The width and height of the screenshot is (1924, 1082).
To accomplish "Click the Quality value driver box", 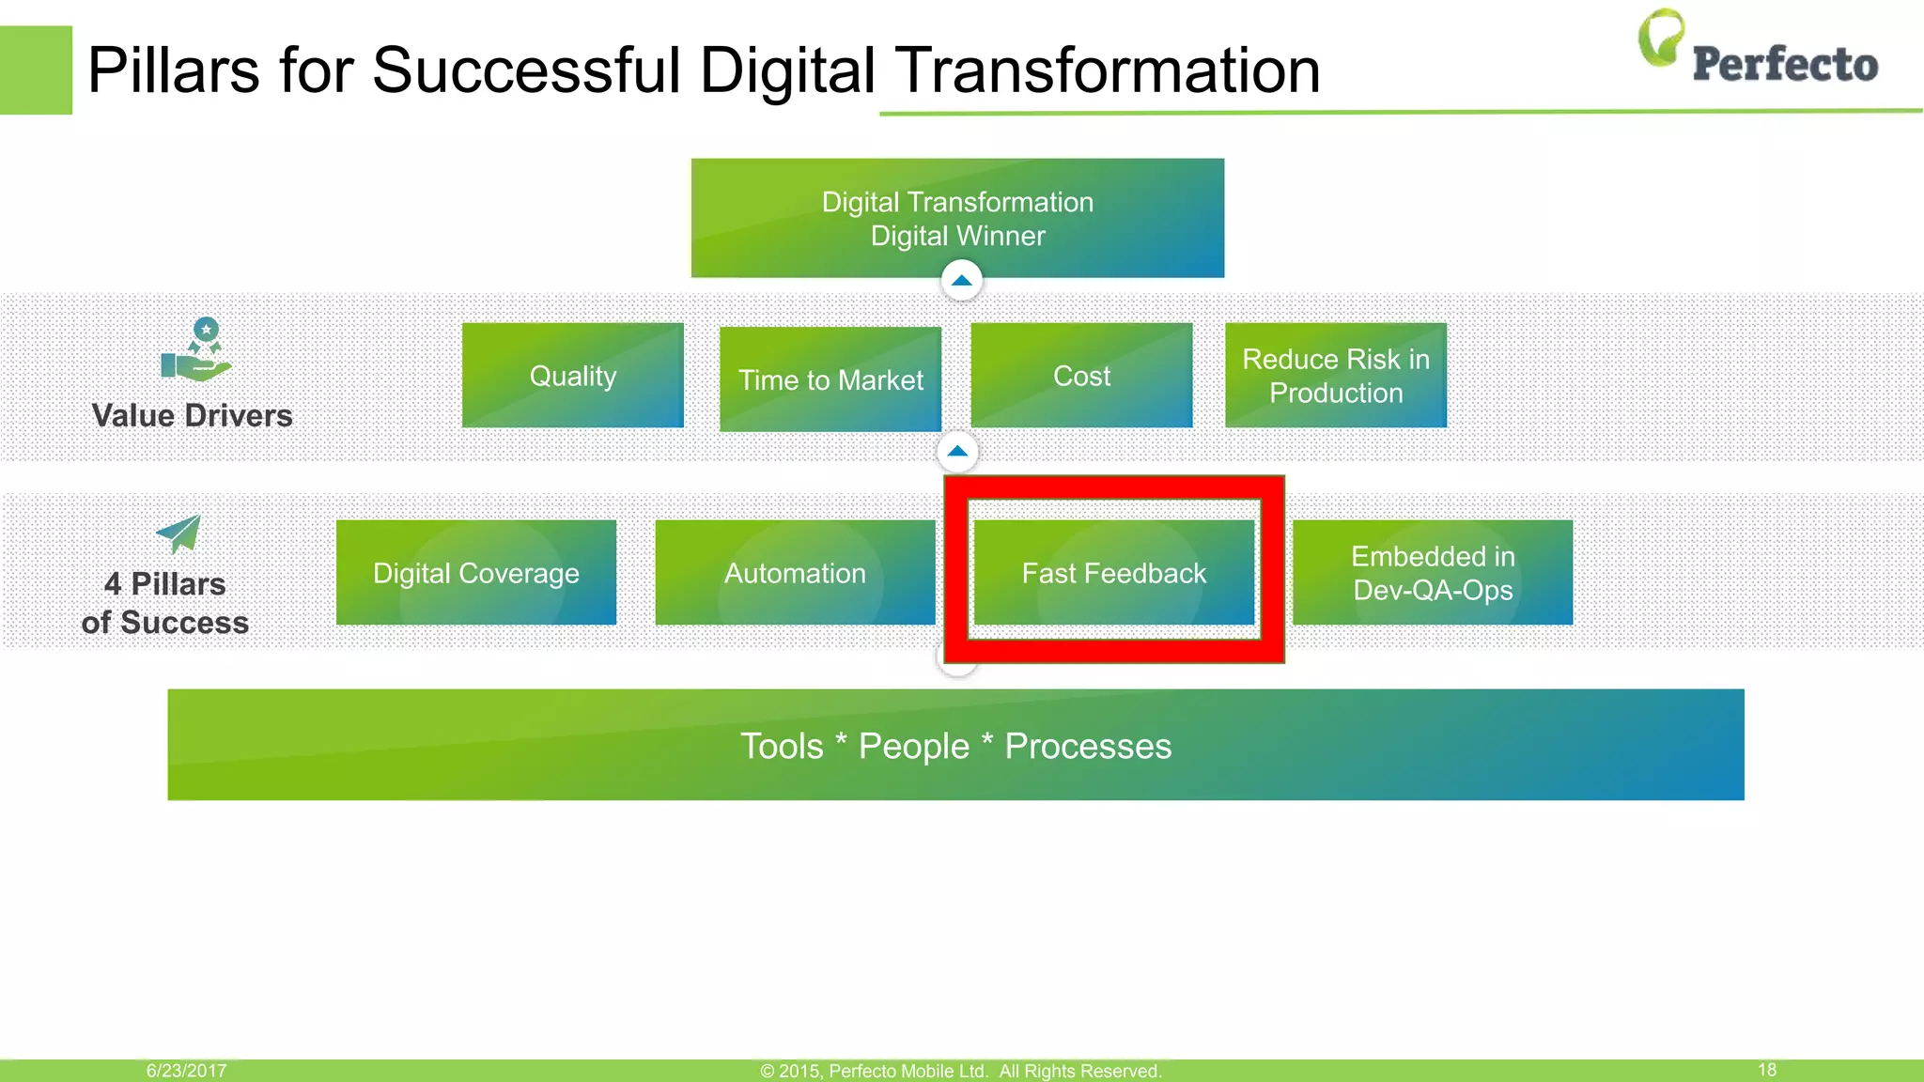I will (x=572, y=376).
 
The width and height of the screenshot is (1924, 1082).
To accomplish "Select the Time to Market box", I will (x=830, y=379).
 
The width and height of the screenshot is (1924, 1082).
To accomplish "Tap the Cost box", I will (x=1081, y=376).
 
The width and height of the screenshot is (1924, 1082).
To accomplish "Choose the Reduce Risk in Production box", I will (x=1335, y=376).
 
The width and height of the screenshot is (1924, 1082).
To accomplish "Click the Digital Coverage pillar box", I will (x=475, y=573).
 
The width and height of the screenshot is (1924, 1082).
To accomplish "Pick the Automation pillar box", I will (x=795, y=573).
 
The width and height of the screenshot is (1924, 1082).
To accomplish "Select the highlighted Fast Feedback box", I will (x=1113, y=573).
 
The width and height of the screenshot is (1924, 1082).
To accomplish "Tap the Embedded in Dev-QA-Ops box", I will (x=1432, y=573).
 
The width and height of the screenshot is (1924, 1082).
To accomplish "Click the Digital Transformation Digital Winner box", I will (x=957, y=218).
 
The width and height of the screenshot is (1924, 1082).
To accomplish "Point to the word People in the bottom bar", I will (x=913, y=747).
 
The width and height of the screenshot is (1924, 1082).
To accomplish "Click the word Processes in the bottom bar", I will (x=1088, y=747).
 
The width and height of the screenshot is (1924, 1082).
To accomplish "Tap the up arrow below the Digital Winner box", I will (x=961, y=281).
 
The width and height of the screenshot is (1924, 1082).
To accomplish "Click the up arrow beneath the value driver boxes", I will (x=957, y=452).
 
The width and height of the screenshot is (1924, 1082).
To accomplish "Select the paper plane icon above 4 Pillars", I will (x=178, y=534).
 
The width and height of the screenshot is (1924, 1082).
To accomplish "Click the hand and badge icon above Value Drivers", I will (x=197, y=350).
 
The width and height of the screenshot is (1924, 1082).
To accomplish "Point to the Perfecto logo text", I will (x=1784, y=64).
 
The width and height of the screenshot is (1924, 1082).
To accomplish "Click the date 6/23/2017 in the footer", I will (x=186, y=1071).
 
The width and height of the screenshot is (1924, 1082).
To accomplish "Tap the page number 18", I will (x=1766, y=1070).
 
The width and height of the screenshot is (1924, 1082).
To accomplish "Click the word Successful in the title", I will (x=526, y=70).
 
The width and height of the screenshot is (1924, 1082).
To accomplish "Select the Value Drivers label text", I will (x=192, y=415).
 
